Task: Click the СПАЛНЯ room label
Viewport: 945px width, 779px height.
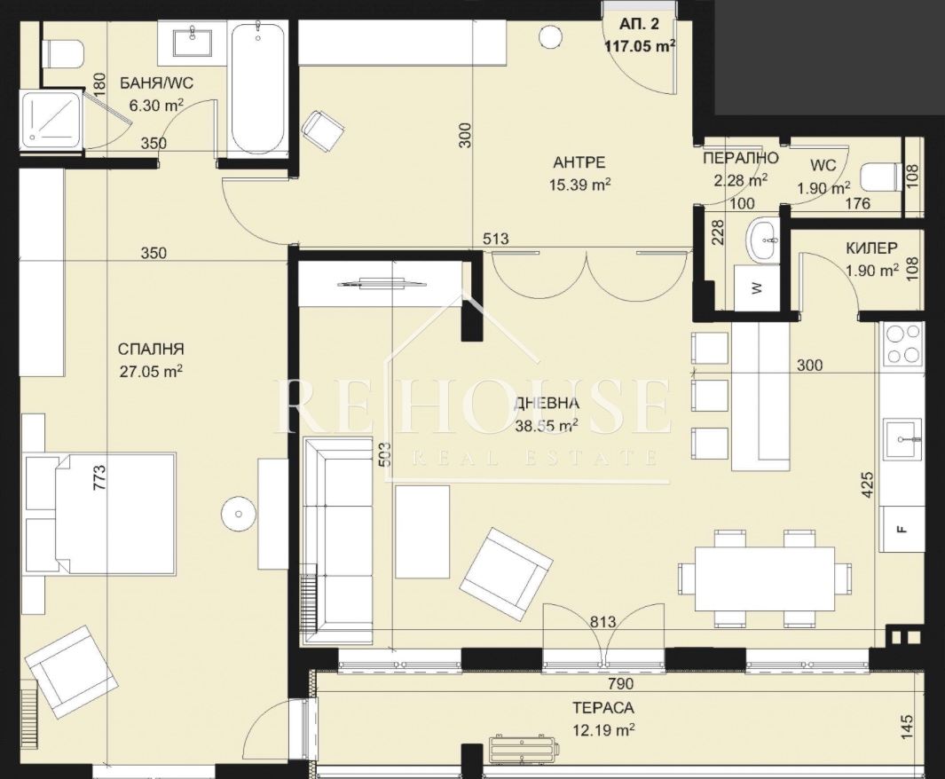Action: pyautogui.click(x=151, y=350)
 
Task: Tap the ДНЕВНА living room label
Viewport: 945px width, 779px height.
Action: pyautogui.click(x=547, y=404)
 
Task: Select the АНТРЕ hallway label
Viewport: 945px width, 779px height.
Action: pyautogui.click(x=579, y=162)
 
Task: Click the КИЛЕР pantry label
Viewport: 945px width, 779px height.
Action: pyautogui.click(x=870, y=248)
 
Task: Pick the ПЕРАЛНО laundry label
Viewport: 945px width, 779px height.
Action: pyautogui.click(x=741, y=158)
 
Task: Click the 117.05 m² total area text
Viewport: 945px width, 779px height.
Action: pyautogui.click(x=640, y=45)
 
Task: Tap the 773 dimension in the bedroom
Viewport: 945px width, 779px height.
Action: pyautogui.click(x=99, y=477)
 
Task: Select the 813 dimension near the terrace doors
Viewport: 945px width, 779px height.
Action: pyautogui.click(x=603, y=621)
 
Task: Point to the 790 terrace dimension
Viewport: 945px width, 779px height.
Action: pyautogui.click(x=621, y=683)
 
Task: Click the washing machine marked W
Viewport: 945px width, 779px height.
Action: pyautogui.click(x=757, y=287)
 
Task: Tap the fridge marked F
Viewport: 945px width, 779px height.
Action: pyautogui.click(x=902, y=529)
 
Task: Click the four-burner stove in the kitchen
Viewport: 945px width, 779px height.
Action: pyautogui.click(x=902, y=344)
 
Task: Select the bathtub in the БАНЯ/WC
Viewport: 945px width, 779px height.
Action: pyautogui.click(x=257, y=89)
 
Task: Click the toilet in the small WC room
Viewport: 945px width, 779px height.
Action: pyautogui.click(x=881, y=178)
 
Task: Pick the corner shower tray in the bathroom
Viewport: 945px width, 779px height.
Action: pyautogui.click(x=51, y=121)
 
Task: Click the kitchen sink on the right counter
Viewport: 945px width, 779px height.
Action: pyautogui.click(x=902, y=439)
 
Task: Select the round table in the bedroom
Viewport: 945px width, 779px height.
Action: pyautogui.click(x=240, y=514)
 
